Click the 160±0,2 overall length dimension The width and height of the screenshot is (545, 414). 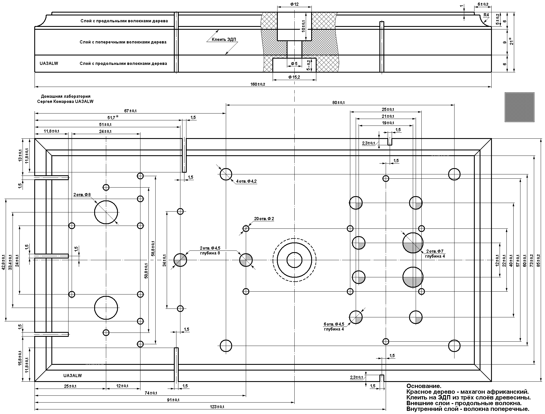(x=258, y=84)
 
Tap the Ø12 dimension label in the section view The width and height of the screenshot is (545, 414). (x=294, y=4)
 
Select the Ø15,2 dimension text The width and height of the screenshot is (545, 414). (x=294, y=77)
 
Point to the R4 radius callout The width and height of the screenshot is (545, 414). (x=486, y=15)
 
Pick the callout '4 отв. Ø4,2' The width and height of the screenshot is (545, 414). (x=246, y=181)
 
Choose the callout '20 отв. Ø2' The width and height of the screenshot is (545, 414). (x=264, y=219)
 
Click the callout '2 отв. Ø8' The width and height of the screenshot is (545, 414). (x=82, y=195)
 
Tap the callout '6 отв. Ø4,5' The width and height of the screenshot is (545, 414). (x=334, y=324)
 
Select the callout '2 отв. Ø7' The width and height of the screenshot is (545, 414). (x=435, y=251)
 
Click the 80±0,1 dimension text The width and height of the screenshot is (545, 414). (x=339, y=103)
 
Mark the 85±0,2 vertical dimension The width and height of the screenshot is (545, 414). (x=538, y=260)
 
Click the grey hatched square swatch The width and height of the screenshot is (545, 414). (x=519, y=107)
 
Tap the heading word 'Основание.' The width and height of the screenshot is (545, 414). (x=424, y=386)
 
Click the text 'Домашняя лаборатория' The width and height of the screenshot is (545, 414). (x=66, y=96)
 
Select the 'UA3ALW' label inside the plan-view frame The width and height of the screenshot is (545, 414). (x=73, y=375)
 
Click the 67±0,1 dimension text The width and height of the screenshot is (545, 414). (x=130, y=111)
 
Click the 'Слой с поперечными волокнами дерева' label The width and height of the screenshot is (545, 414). (x=123, y=42)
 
